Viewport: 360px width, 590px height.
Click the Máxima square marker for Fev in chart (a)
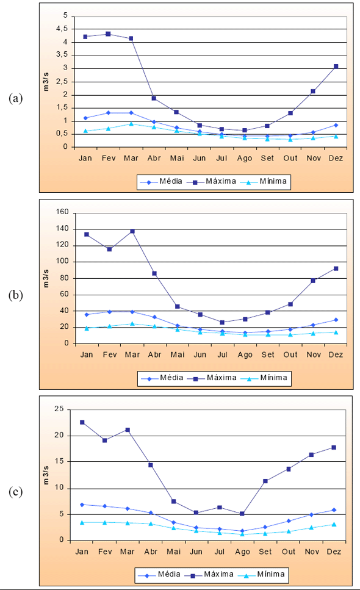(108, 34)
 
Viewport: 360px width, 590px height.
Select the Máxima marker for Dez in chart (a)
(336, 67)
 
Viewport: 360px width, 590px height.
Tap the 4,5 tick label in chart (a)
(62, 29)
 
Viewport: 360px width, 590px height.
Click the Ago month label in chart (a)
(245, 159)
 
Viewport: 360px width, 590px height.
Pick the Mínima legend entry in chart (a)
(264, 181)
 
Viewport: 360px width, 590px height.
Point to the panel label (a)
(15, 98)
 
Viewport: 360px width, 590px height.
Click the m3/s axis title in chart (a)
(46, 82)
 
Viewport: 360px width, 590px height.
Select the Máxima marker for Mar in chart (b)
(132, 231)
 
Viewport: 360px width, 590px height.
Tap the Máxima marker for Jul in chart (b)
(222, 323)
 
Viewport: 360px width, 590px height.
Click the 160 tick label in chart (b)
(62, 212)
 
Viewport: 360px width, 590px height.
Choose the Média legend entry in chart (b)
(162, 378)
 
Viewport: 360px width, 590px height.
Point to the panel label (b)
(15, 295)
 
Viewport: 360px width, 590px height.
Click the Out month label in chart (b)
(290, 355)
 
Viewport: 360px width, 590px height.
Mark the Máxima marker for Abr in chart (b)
(154, 273)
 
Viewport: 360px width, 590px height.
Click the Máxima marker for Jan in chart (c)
(82, 423)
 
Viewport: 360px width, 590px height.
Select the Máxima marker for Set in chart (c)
(265, 481)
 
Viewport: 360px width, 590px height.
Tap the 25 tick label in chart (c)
(59, 409)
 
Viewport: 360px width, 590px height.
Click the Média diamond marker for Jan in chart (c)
(82, 505)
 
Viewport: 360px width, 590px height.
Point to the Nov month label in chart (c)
(312, 552)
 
